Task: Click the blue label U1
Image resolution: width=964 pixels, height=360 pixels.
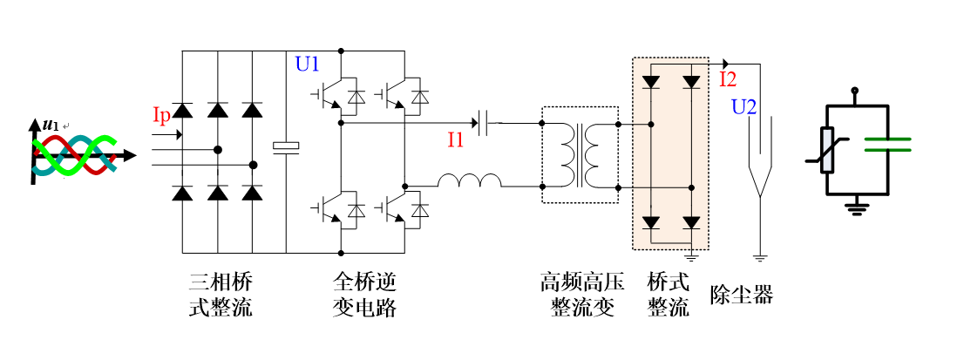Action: pos(308,64)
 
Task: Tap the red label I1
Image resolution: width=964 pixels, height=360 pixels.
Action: pos(456,139)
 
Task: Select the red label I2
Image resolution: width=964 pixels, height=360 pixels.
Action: pos(728,80)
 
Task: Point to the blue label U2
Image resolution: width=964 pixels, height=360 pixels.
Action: pos(743,108)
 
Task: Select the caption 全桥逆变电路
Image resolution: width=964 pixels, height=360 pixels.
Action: pos(364,295)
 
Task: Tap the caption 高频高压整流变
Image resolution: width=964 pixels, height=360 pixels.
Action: pos(577,295)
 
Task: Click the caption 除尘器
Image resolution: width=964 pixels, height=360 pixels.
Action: pos(742,295)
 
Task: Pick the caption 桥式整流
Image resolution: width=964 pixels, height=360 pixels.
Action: pos(669,295)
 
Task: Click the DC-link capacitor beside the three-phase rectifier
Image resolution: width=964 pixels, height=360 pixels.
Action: pos(286,147)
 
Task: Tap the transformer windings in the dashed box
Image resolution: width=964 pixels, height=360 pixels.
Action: pos(580,153)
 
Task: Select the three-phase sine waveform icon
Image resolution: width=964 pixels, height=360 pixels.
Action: pos(74,156)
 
